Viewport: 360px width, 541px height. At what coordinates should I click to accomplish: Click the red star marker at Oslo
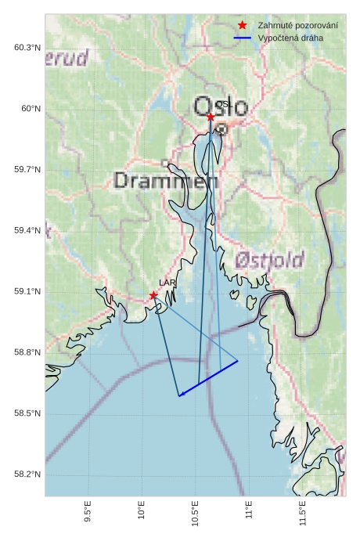pyautogui.click(x=211, y=117)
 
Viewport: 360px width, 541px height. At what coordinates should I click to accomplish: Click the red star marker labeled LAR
pyautogui.click(x=153, y=295)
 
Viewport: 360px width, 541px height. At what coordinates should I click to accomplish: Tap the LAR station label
pyautogui.click(x=167, y=283)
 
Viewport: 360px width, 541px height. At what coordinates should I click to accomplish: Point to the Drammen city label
pyautogui.click(x=166, y=181)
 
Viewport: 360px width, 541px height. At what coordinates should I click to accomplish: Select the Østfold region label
pyautogui.click(x=269, y=260)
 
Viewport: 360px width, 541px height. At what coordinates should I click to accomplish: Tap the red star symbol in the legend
pyautogui.click(x=243, y=25)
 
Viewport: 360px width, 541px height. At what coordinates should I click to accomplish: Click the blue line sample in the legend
pyautogui.click(x=243, y=38)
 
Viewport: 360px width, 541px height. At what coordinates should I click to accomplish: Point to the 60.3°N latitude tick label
pyautogui.click(x=27, y=48)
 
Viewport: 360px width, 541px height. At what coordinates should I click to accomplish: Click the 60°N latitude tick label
pyautogui.click(x=31, y=109)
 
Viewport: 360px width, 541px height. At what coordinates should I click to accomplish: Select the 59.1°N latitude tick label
pyautogui.click(x=27, y=292)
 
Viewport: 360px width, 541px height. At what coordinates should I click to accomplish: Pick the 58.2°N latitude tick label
pyautogui.click(x=27, y=474)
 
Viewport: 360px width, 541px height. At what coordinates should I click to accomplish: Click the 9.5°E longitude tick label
pyautogui.click(x=88, y=514)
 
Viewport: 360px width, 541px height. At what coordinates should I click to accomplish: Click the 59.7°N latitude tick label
pyautogui.click(x=27, y=170)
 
